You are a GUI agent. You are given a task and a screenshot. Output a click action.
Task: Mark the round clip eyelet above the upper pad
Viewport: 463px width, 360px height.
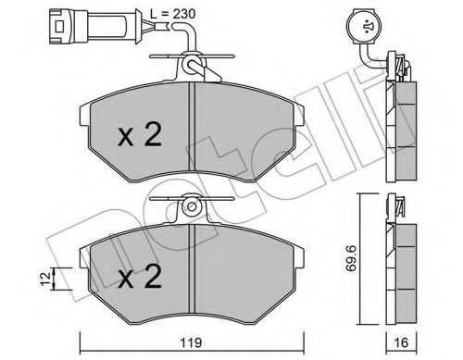(191, 67)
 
